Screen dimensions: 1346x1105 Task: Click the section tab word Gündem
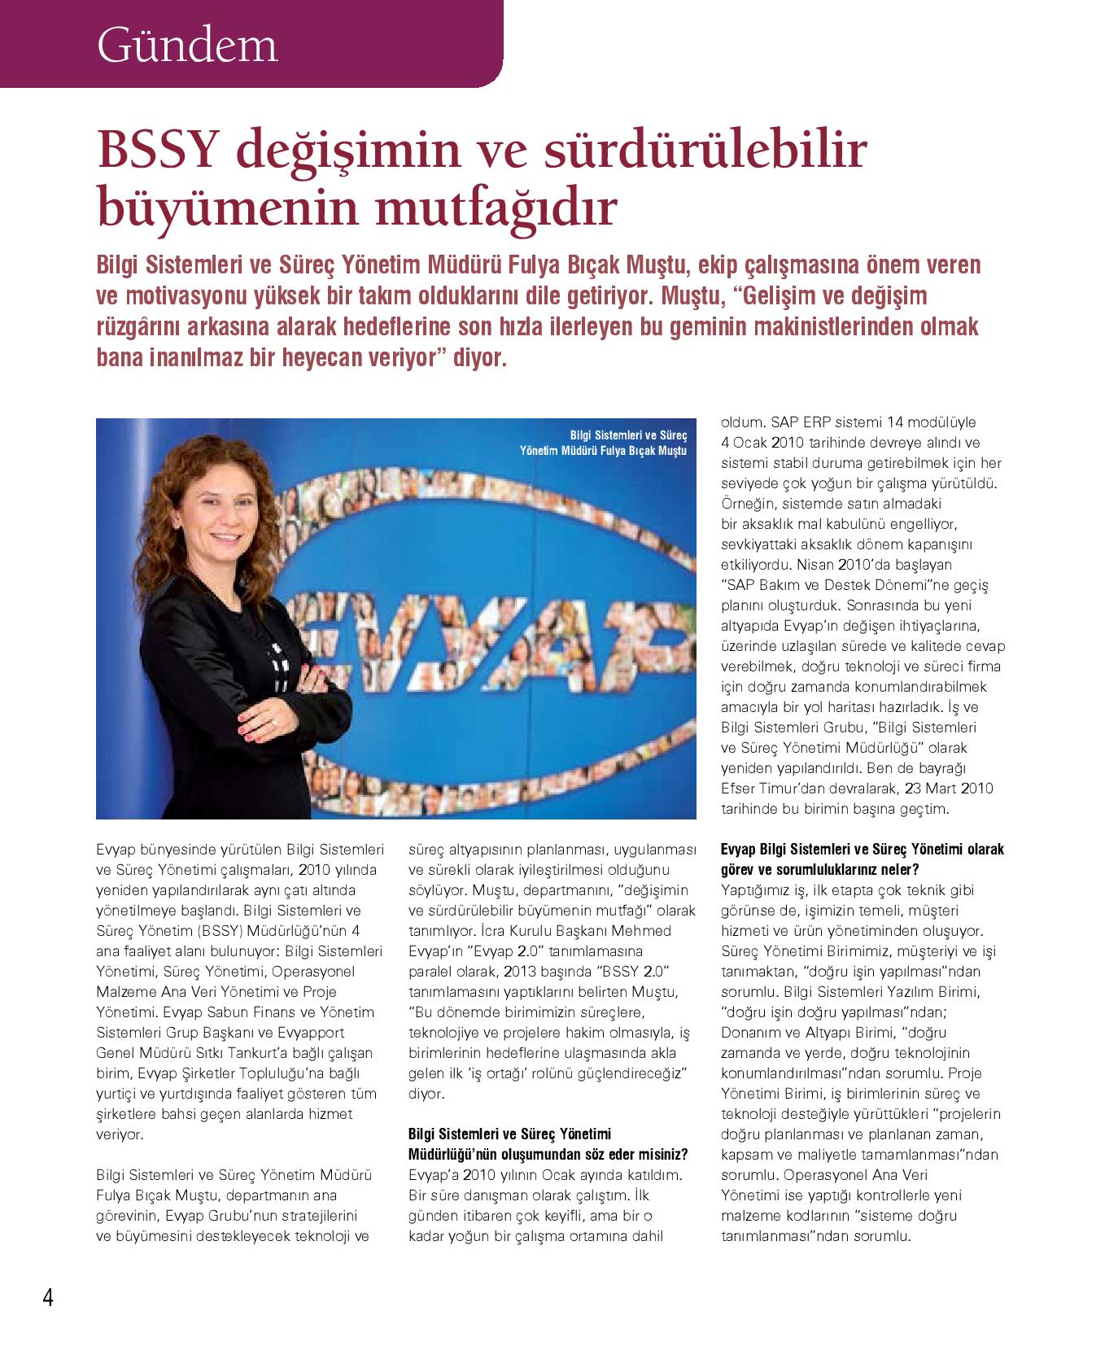point(187,46)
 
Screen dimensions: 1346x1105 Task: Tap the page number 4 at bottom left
point(48,1296)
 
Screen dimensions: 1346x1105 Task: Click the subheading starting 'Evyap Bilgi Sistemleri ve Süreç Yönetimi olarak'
point(863,850)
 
